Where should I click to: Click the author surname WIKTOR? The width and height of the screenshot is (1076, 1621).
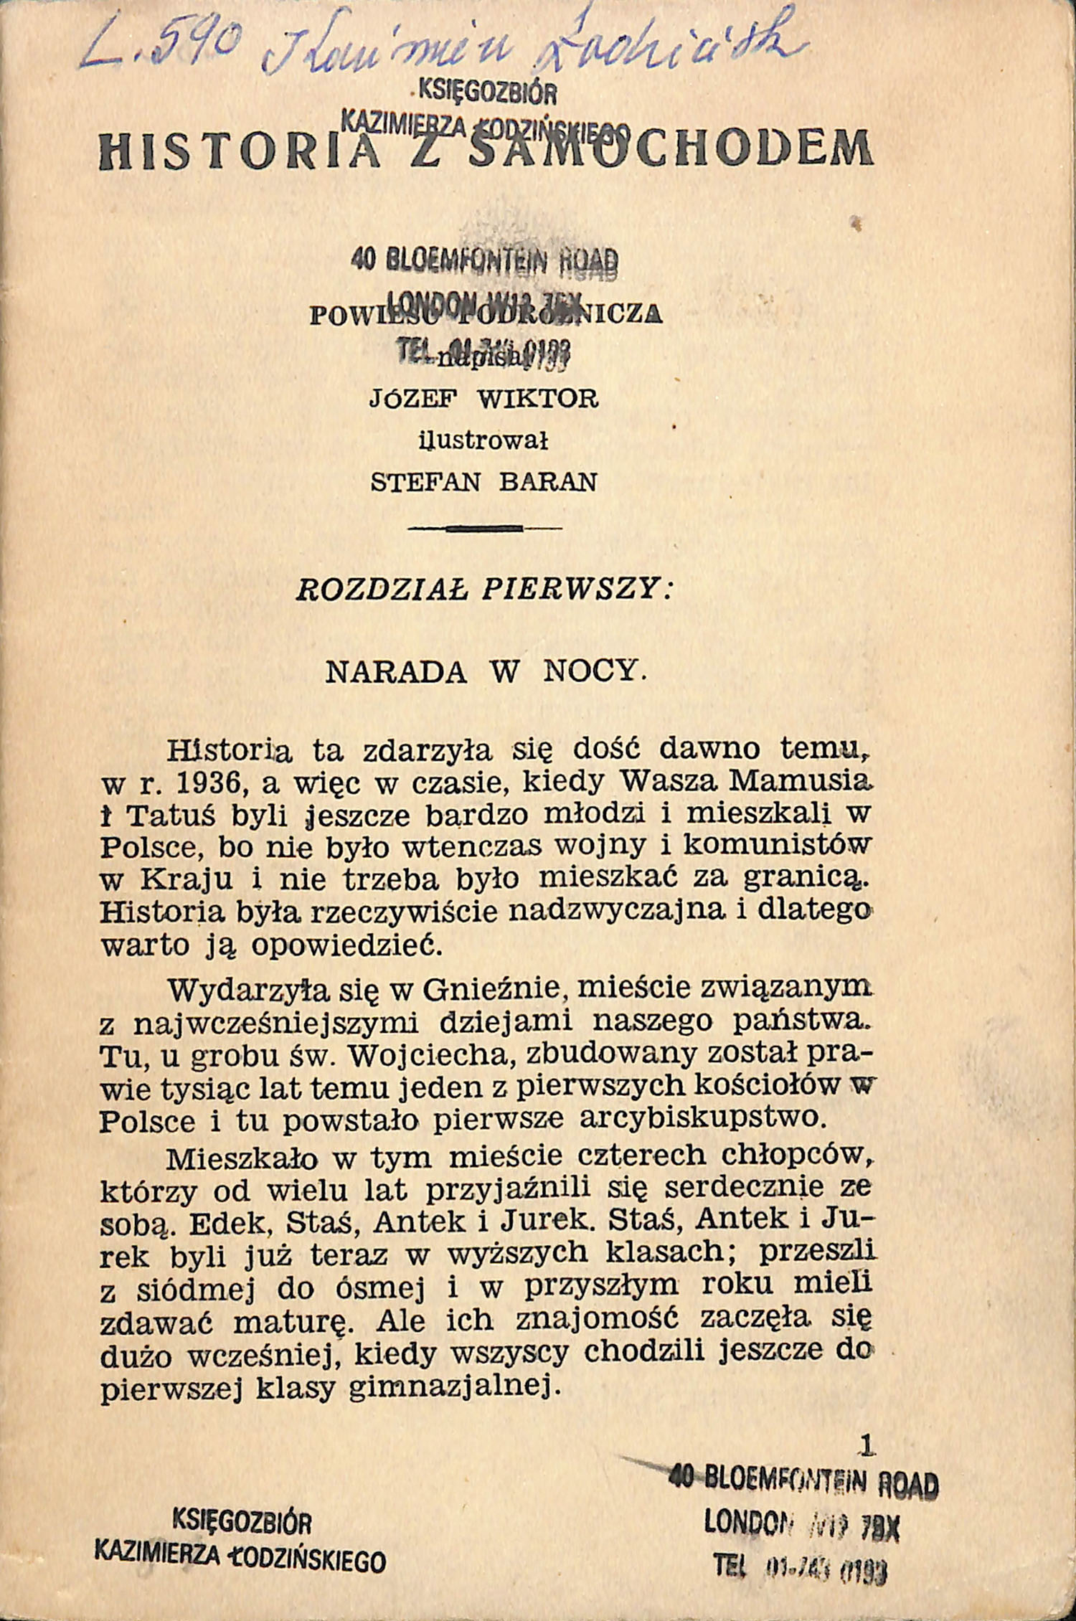tap(537, 399)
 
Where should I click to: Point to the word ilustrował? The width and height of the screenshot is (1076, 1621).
tap(483, 440)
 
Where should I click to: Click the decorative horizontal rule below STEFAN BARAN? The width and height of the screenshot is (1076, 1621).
tap(484, 529)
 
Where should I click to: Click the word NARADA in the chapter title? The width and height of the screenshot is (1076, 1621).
tap(396, 671)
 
